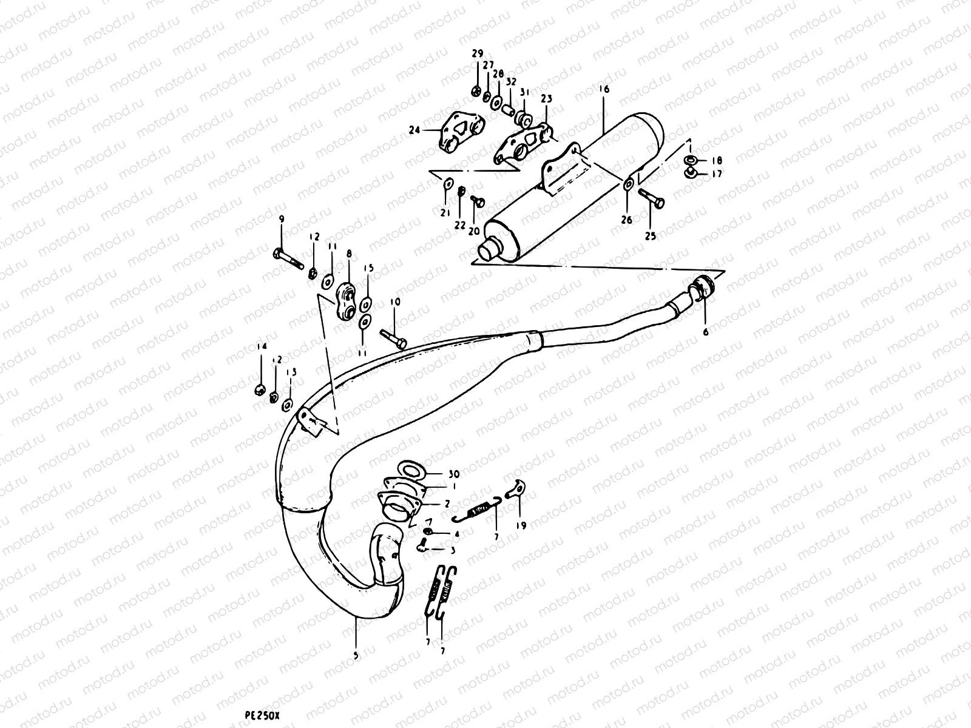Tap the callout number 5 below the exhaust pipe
(x=356, y=656)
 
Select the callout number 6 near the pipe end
(x=706, y=332)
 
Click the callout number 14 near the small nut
(x=261, y=346)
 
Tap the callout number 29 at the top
(x=476, y=55)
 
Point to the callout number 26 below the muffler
(x=627, y=220)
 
